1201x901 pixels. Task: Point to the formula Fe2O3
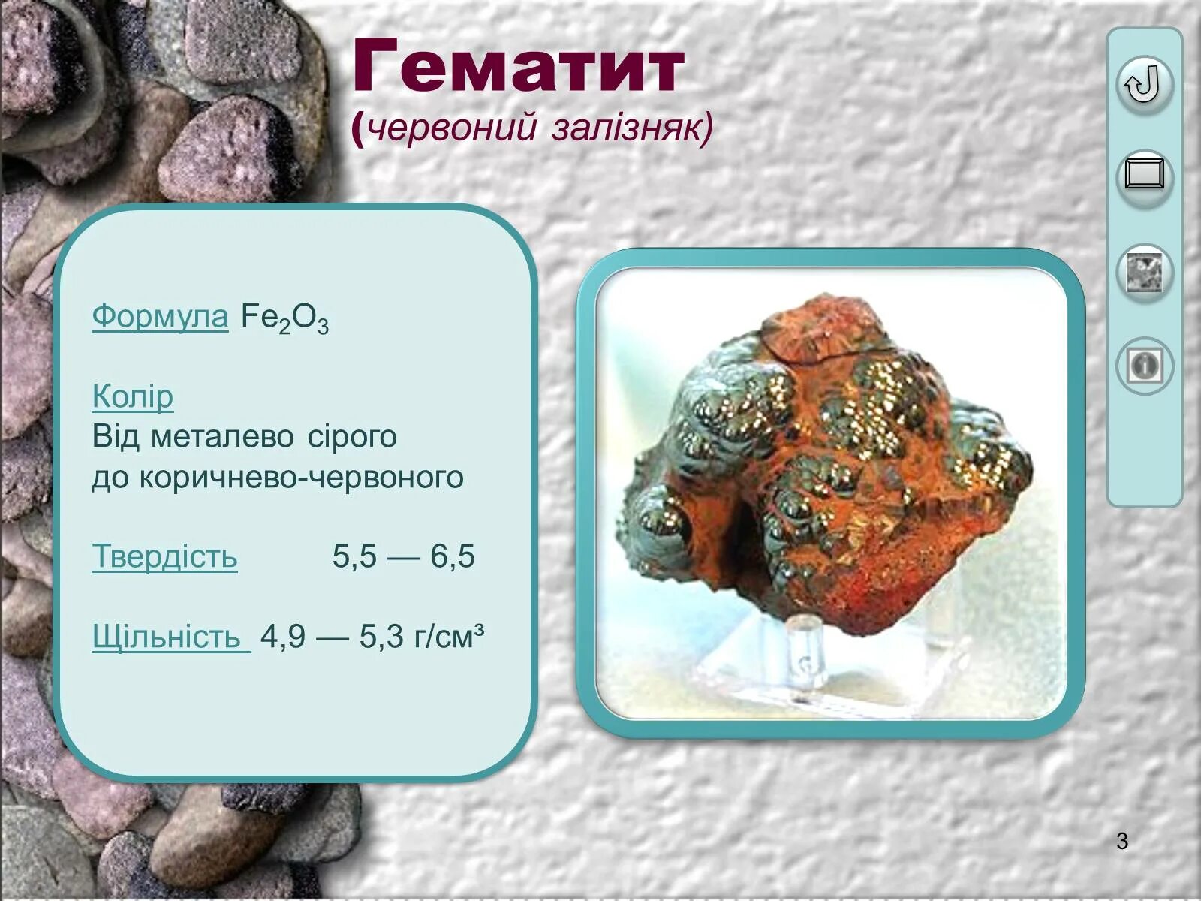tap(284, 318)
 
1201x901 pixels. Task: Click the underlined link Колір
tap(132, 396)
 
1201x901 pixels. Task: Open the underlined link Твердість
tap(164, 556)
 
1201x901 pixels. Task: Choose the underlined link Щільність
tap(170, 637)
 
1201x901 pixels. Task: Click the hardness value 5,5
tap(354, 556)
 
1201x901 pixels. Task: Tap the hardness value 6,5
tap(453, 556)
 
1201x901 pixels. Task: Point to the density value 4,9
tap(283, 637)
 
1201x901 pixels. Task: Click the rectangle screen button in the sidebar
tap(1144, 176)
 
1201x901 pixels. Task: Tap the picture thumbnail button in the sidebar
tap(1144, 270)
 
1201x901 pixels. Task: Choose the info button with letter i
tap(1144, 366)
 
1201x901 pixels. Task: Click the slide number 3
tap(1122, 842)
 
